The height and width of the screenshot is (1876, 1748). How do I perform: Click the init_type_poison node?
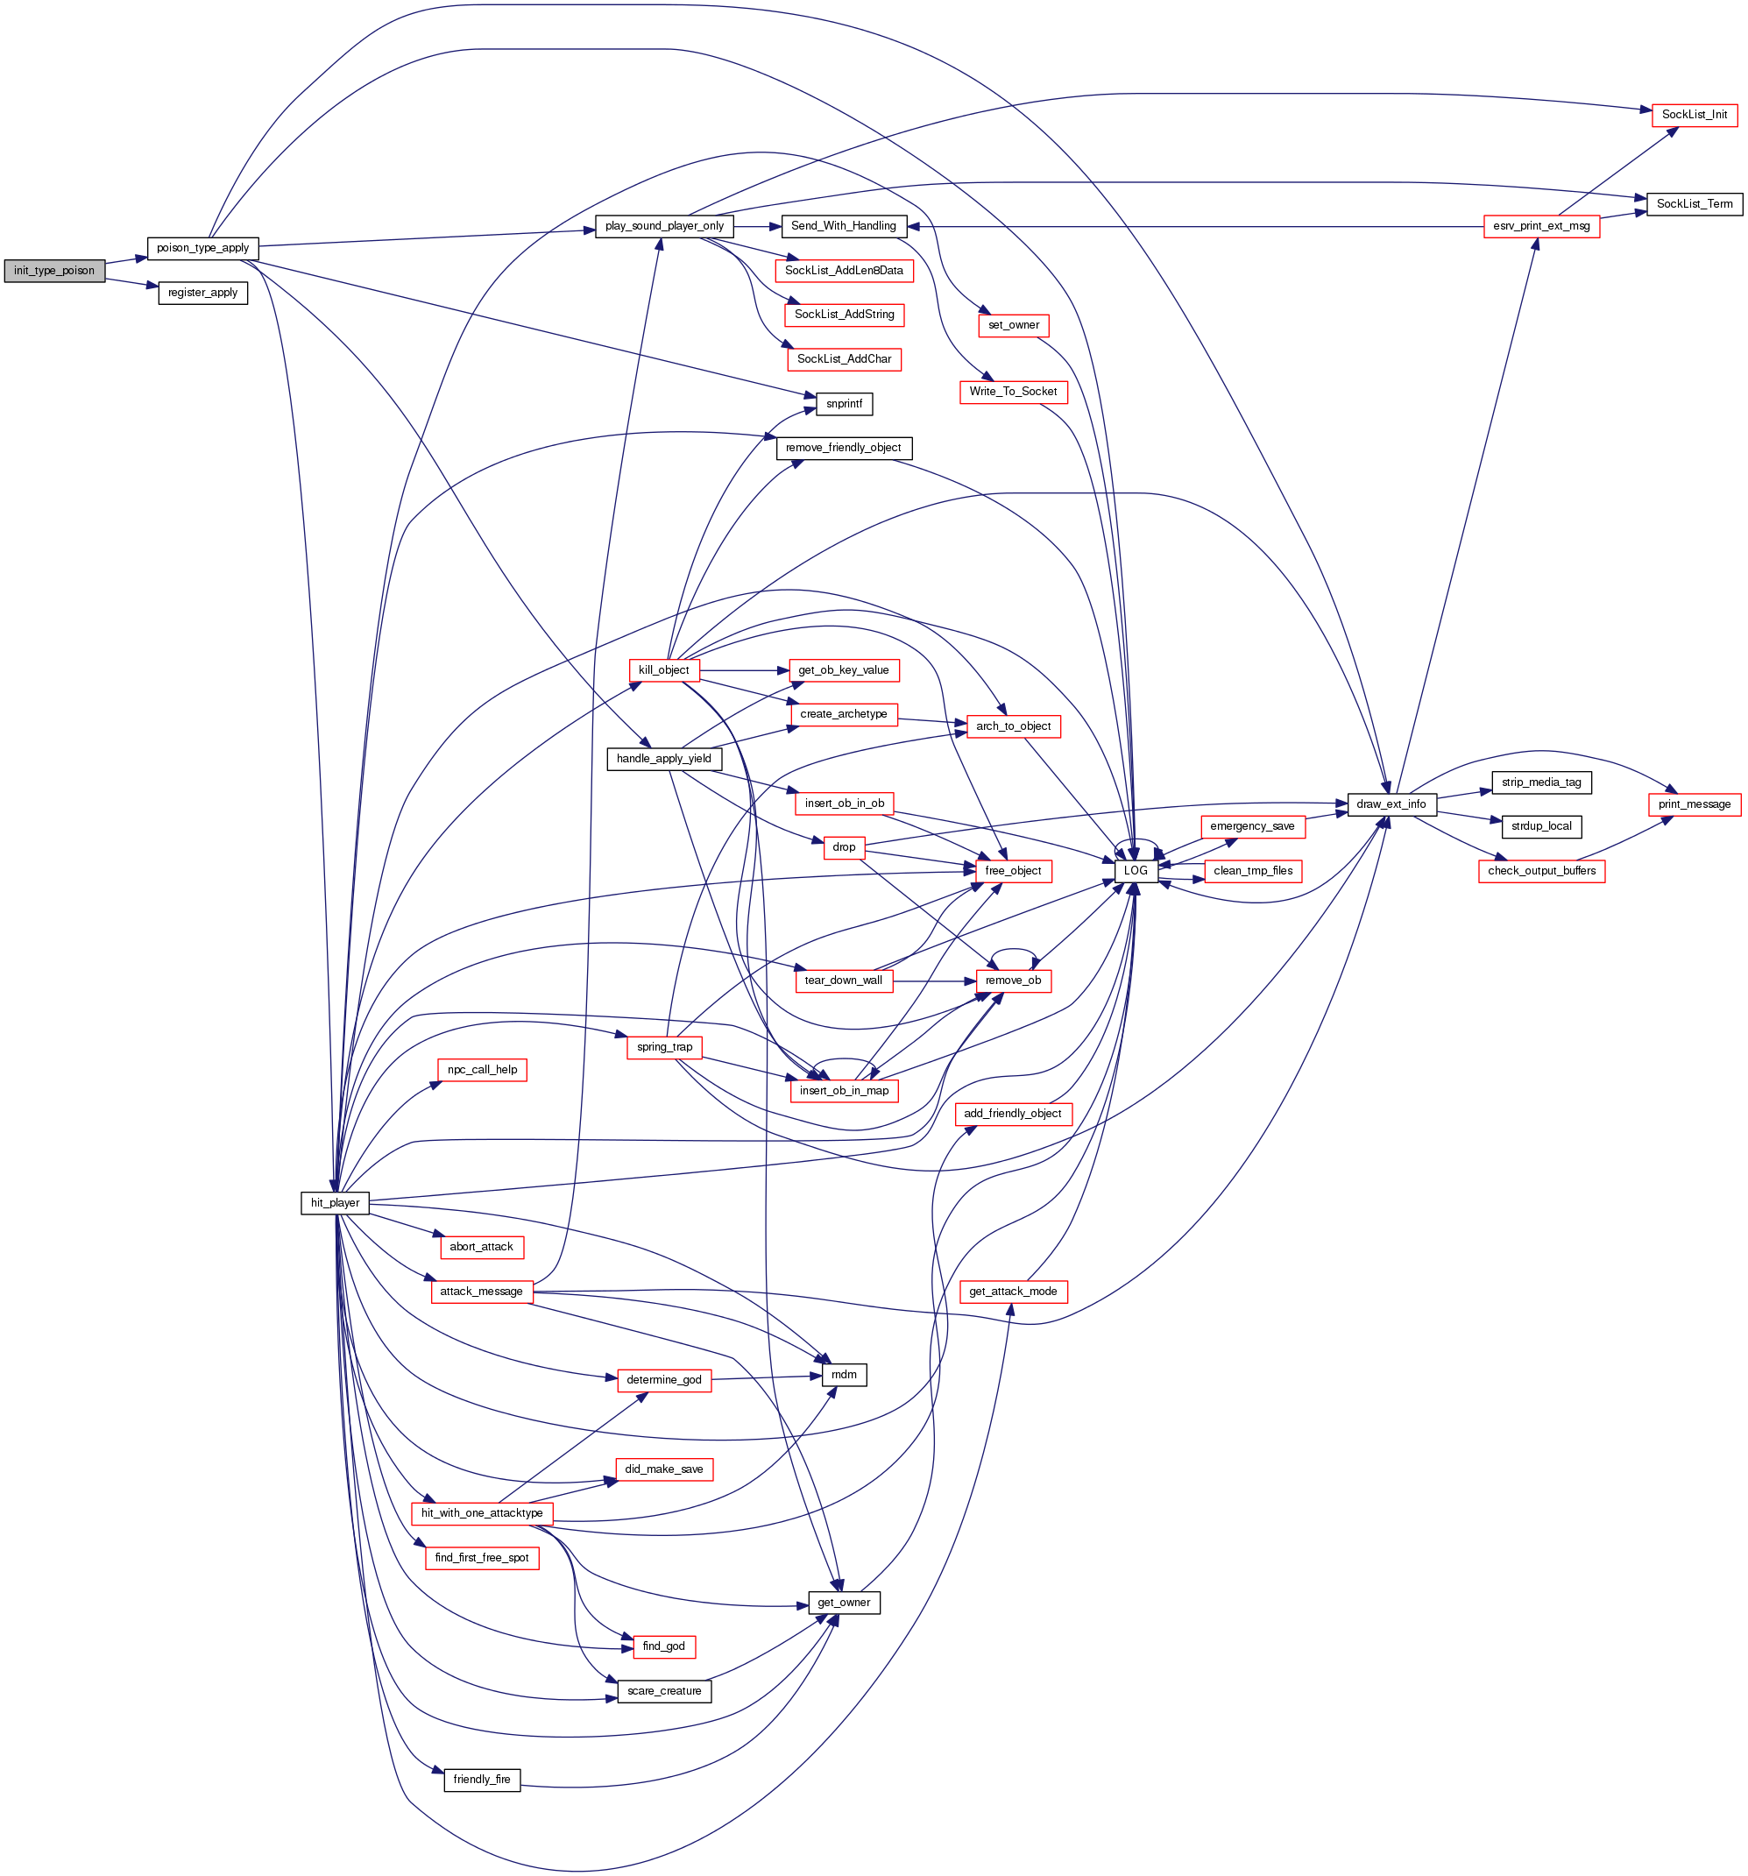[53, 271]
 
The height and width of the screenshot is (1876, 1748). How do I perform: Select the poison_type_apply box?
[202, 248]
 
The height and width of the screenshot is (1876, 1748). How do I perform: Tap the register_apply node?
[202, 293]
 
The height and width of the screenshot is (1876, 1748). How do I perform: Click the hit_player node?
[334, 1202]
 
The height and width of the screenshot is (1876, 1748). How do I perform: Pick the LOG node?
[1135, 870]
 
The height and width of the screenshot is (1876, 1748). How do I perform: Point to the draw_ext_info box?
[1391, 804]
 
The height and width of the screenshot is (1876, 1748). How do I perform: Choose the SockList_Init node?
[1694, 114]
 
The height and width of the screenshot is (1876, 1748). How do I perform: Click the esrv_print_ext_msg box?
[1540, 226]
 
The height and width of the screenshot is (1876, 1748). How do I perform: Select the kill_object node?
[663, 670]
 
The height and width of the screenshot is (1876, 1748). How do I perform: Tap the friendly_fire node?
[481, 1780]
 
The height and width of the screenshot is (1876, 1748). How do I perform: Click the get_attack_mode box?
[1012, 1291]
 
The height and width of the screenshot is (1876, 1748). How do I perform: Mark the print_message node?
[1694, 804]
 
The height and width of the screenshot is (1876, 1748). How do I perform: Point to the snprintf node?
[843, 404]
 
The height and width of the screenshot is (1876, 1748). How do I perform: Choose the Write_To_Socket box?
[1012, 392]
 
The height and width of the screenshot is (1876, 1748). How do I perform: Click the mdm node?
[843, 1375]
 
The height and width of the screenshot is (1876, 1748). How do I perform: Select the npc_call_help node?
[481, 1069]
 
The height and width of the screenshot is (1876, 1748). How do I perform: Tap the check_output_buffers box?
[1540, 870]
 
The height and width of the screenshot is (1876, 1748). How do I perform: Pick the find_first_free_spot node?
[481, 1557]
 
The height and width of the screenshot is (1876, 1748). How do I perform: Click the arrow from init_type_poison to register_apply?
[131, 282]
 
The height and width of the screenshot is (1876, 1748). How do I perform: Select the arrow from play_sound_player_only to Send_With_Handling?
[757, 226]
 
